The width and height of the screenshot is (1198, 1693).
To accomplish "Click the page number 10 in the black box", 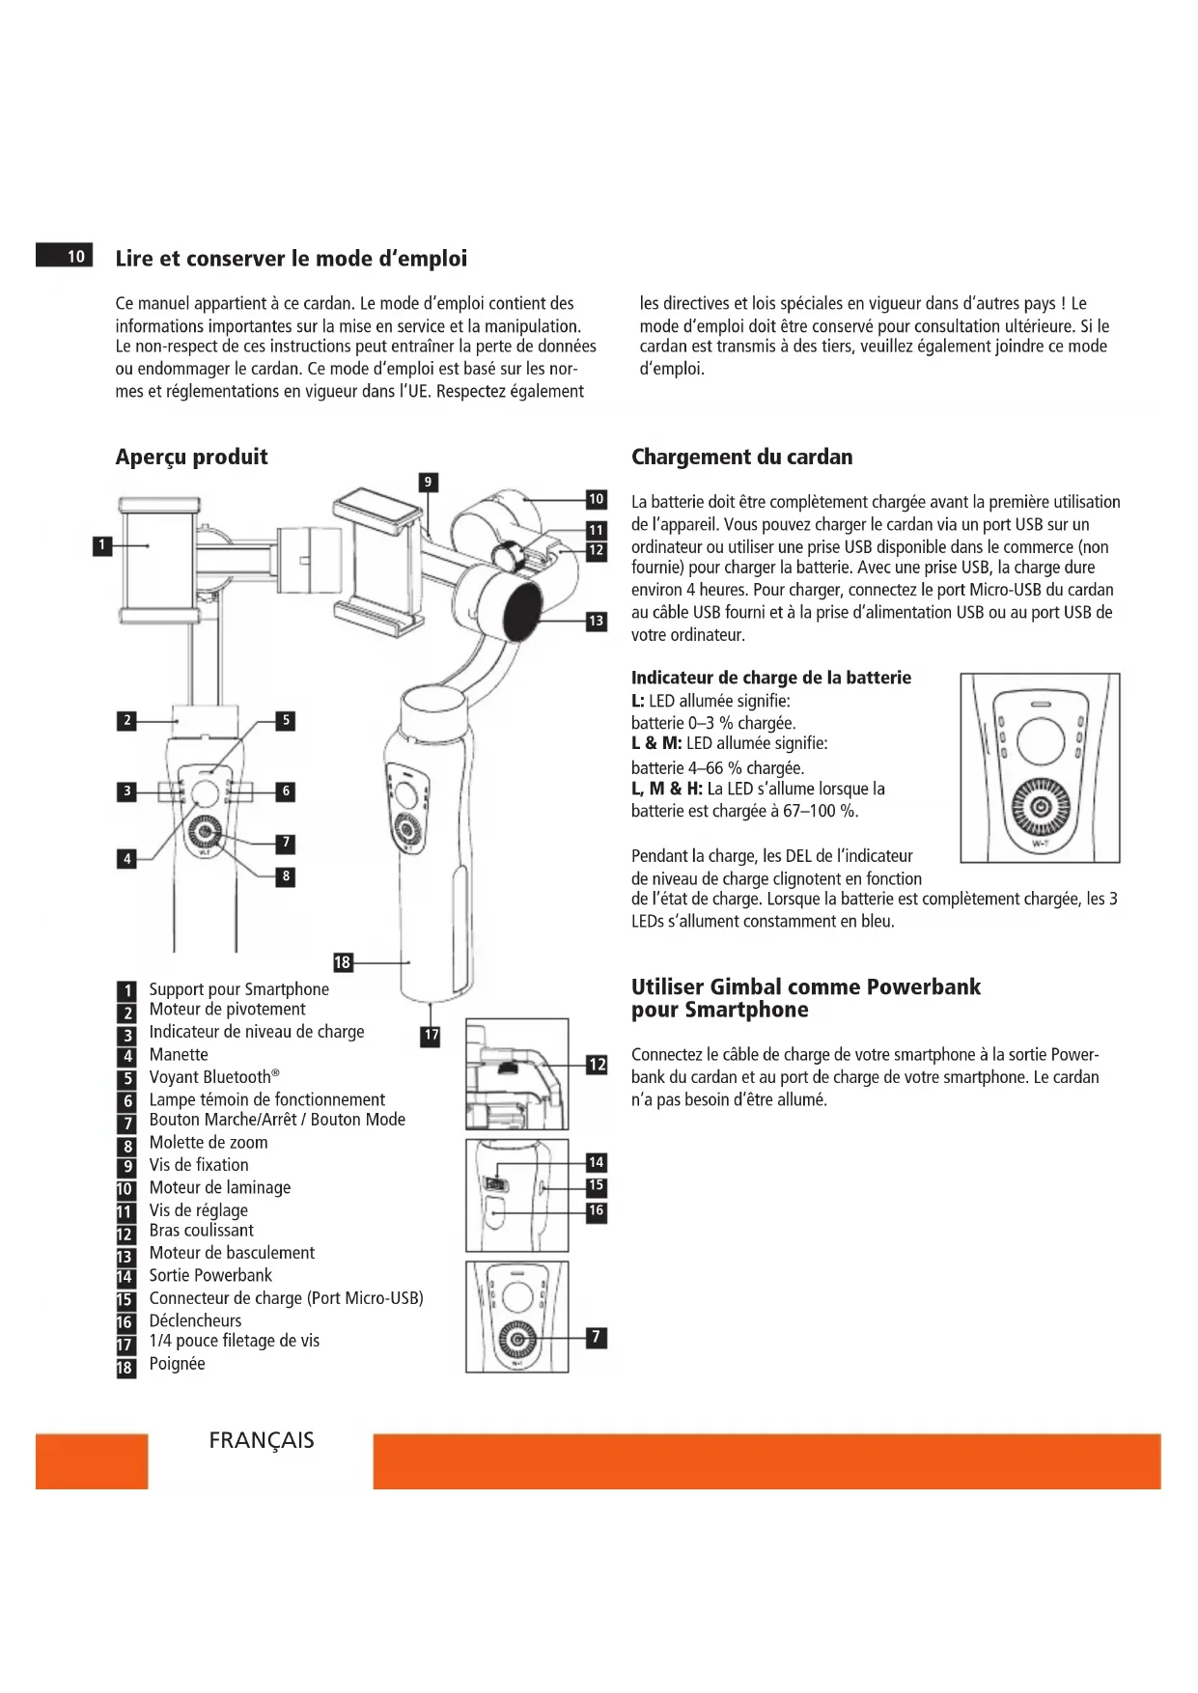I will click(x=75, y=256).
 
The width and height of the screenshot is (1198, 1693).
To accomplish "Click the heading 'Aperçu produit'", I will click(x=191, y=457).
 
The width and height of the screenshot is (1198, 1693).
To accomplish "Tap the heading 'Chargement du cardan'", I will click(x=741, y=457).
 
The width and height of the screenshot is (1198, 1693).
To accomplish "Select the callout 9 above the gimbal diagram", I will click(x=428, y=482).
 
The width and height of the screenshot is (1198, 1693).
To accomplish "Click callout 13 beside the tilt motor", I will click(x=597, y=621).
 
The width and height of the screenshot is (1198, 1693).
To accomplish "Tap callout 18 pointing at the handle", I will click(x=343, y=961).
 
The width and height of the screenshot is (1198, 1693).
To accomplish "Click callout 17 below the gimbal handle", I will click(x=431, y=1035).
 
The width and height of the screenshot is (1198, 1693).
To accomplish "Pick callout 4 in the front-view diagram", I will click(x=126, y=858).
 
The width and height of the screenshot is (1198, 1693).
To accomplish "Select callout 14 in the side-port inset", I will click(x=597, y=1162).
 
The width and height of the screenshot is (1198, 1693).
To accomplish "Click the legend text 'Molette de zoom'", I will click(x=209, y=1143).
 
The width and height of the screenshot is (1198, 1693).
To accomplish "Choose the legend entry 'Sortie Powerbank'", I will click(x=210, y=1275).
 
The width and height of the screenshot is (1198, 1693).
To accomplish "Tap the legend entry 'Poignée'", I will click(x=177, y=1364).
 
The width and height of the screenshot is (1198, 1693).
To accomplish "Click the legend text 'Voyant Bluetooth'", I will click(x=210, y=1077).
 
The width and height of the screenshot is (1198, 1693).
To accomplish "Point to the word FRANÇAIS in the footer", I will click(x=262, y=1440).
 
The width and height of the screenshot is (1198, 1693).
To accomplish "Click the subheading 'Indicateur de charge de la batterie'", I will click(x=770, y=678).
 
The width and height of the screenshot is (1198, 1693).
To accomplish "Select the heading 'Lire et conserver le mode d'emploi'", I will click(x=291, y=259).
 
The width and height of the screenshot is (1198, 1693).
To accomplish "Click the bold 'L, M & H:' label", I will click(x=667, y=789).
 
